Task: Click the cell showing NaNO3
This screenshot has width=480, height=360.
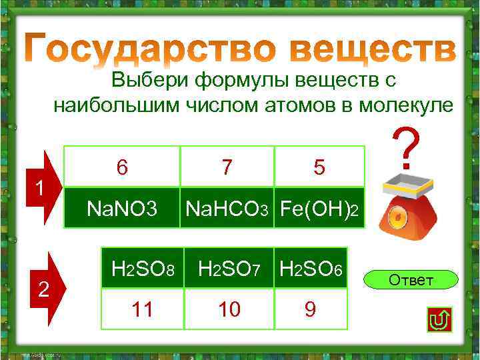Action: pyautogui.click(x=122, y=209)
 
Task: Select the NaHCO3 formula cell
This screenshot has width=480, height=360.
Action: pyautogui.click(x=227, y=209)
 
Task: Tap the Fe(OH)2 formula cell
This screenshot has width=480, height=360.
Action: pyautogui.click(x=319, y=209)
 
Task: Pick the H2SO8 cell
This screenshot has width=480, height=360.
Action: pyautogui.click(x=143, y=269)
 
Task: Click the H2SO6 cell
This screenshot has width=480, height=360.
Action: pyautogui.click(x=311, y=269)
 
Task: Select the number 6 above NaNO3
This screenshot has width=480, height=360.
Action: pyautogui.click(x=122, y=167)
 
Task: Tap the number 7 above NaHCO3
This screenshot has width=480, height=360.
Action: pyautogui.click(x=227, y=167)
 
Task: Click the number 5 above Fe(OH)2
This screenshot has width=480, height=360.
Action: pyautogui.click(x=319, y=167)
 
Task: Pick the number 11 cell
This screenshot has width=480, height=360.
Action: pyautogui.click(x=143, y=309)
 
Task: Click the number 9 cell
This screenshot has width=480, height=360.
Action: pyautogui.click(x=311, y=309)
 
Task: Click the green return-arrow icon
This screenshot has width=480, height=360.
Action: pyautogui.click(x=439, y=321)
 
